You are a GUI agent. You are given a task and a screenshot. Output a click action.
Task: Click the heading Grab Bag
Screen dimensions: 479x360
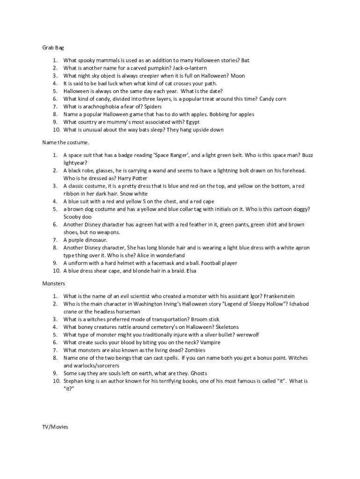(x=53, y=47)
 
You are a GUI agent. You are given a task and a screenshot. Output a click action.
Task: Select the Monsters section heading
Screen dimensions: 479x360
(x=54, y=283)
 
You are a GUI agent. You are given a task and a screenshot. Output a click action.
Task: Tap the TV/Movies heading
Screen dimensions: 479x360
(x=55, y=427)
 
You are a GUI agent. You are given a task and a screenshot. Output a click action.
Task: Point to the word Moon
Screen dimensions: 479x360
(x=238, y=76)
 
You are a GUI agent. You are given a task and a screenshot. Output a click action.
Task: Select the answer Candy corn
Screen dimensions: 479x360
(x=273, y=99)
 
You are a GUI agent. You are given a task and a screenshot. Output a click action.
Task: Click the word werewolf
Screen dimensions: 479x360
(x=247, y=334)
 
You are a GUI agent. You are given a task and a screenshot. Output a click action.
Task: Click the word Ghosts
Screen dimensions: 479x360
(x=199, y=373)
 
